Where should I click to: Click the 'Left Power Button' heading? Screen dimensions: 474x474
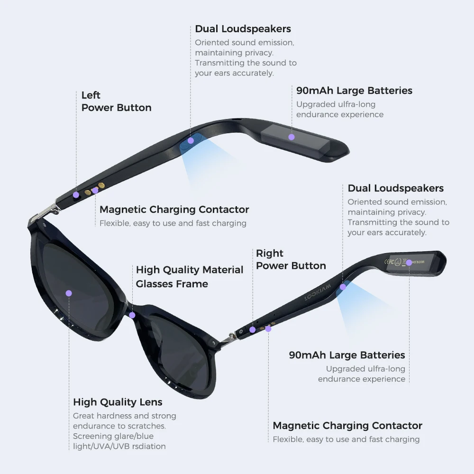pyautogui.click(x=116, y=101)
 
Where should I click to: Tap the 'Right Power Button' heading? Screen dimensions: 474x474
pyautogui.click(x=291, y=259)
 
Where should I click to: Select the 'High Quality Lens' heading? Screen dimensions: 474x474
pyautogui.click(x=118, y=402)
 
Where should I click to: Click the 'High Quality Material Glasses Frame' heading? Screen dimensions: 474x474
pyautogui.click(x=189, y=276)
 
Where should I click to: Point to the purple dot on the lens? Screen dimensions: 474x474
pyautogui.click(x=69, y=293)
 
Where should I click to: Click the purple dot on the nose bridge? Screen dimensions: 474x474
pyautogui.click(x=132, y=315)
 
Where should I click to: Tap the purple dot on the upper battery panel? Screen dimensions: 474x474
pyautogui.click(x=292, y=137)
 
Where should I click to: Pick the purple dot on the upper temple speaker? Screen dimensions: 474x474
pyautogui.click(x=191, y=140)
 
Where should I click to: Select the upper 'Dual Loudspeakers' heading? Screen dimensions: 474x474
pyautogui.click(x=243, y=29)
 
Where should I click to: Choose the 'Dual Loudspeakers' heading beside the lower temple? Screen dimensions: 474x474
pyautogui.click(x=395, y=188)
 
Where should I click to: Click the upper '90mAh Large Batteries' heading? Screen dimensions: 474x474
pyautogui.click(x=354, y=91)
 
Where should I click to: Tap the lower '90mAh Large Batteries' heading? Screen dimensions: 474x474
pyautogui.click(x=347, y=355)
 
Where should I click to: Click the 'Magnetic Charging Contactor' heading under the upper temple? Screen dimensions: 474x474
pyautogui.click(x=174, y=210)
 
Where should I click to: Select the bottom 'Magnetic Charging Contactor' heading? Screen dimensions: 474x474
pyautogui.click(x=347, y=426)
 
